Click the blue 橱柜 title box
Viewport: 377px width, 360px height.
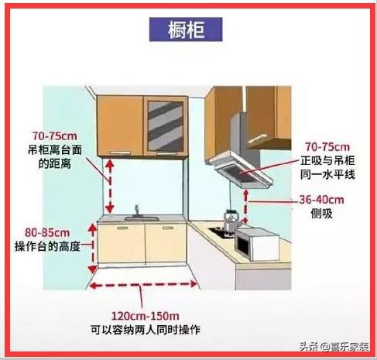(186, 29)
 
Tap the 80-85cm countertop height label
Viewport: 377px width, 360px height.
(47, 233)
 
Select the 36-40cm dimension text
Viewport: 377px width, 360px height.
(321, 200)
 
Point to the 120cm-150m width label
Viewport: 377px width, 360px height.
(145, 316)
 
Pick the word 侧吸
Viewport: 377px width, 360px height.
(321, 214)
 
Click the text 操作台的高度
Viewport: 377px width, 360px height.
(47, 246)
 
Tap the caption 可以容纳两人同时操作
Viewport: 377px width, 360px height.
(146, 330)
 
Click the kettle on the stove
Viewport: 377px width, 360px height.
(231, 222)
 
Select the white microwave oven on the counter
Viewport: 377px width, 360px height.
(257, 244)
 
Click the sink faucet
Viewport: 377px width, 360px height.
(137, 210)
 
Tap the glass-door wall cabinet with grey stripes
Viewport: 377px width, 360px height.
(166, 126)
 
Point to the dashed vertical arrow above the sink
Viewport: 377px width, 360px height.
(110, 186)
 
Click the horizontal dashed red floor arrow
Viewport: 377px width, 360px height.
(143, 284)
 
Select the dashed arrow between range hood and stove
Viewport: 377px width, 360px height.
(245, 207)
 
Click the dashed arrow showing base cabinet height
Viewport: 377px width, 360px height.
(92, 249)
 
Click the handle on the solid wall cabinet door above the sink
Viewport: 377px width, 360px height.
(120, 153)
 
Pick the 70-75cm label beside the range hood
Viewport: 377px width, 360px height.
(327, 147)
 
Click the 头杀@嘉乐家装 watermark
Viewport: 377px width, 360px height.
(334, 346)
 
